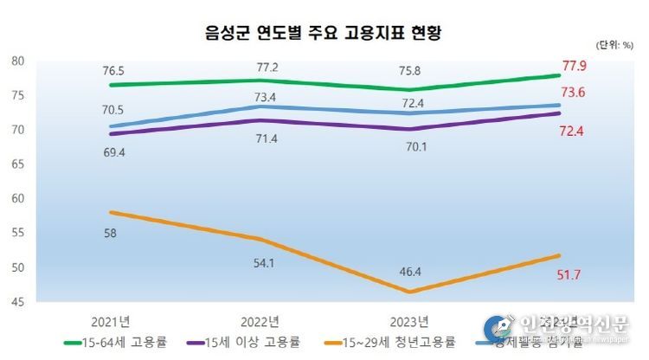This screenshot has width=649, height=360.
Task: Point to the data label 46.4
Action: tap(408, 271)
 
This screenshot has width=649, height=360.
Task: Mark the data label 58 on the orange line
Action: tap(110, 234)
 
